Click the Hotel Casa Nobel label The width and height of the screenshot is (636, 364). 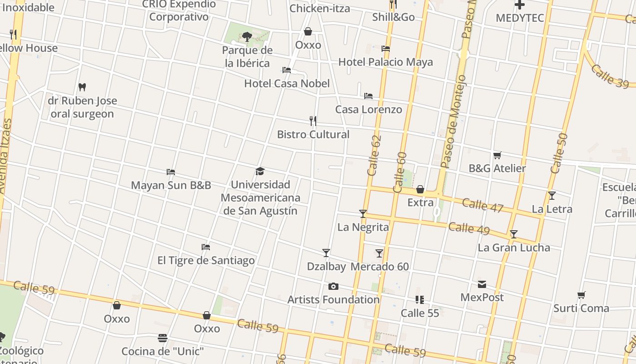[x=287, y=84]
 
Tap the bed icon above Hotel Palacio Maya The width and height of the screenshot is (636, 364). [x=386, y=49]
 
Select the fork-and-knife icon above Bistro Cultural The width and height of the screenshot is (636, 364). [x=313, y=121]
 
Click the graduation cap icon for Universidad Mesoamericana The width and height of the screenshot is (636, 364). [x=260, y=171]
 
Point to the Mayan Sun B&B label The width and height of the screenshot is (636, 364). [x=171, y=185]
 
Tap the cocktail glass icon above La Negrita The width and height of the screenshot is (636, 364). [x=363, y=213]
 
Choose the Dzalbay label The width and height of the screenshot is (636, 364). [x=326, y=267]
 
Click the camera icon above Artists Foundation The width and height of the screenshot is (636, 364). [x=333, y=286]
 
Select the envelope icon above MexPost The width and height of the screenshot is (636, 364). [x=482, y=284]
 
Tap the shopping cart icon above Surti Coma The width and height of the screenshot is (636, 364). [x=581, y=295]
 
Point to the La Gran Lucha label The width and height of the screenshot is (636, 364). [x=514, y=248]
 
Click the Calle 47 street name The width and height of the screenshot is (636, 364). [x=482, y=205]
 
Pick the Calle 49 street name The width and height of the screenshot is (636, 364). [x=469, y=228]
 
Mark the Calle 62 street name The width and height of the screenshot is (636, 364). [x=373, y=156]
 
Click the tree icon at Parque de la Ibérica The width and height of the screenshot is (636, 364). [x=247, y=36]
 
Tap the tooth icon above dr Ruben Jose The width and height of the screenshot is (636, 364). [x=82, y=87]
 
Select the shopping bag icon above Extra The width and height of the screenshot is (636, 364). [x=420, y=189]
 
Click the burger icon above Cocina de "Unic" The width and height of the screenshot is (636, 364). [x=163, y=338]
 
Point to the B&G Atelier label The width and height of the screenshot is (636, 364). [x=497, y=168]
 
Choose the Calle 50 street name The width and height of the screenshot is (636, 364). [x=559, y=153]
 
